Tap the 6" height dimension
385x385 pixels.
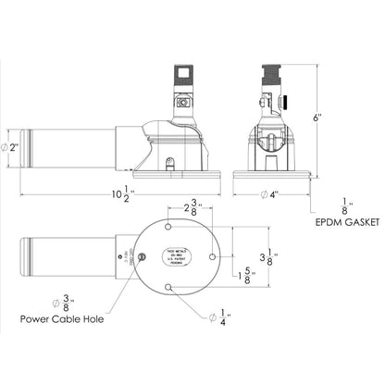(x=318, y=118)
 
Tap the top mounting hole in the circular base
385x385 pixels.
(x=167, y=229)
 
